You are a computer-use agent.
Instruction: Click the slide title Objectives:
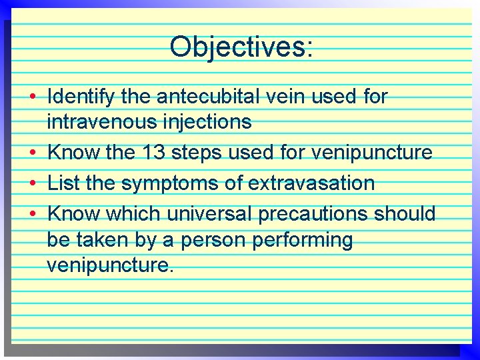(241, 47)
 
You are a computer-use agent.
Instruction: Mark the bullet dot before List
(33, 183)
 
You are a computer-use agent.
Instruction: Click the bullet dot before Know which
(33, 214)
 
